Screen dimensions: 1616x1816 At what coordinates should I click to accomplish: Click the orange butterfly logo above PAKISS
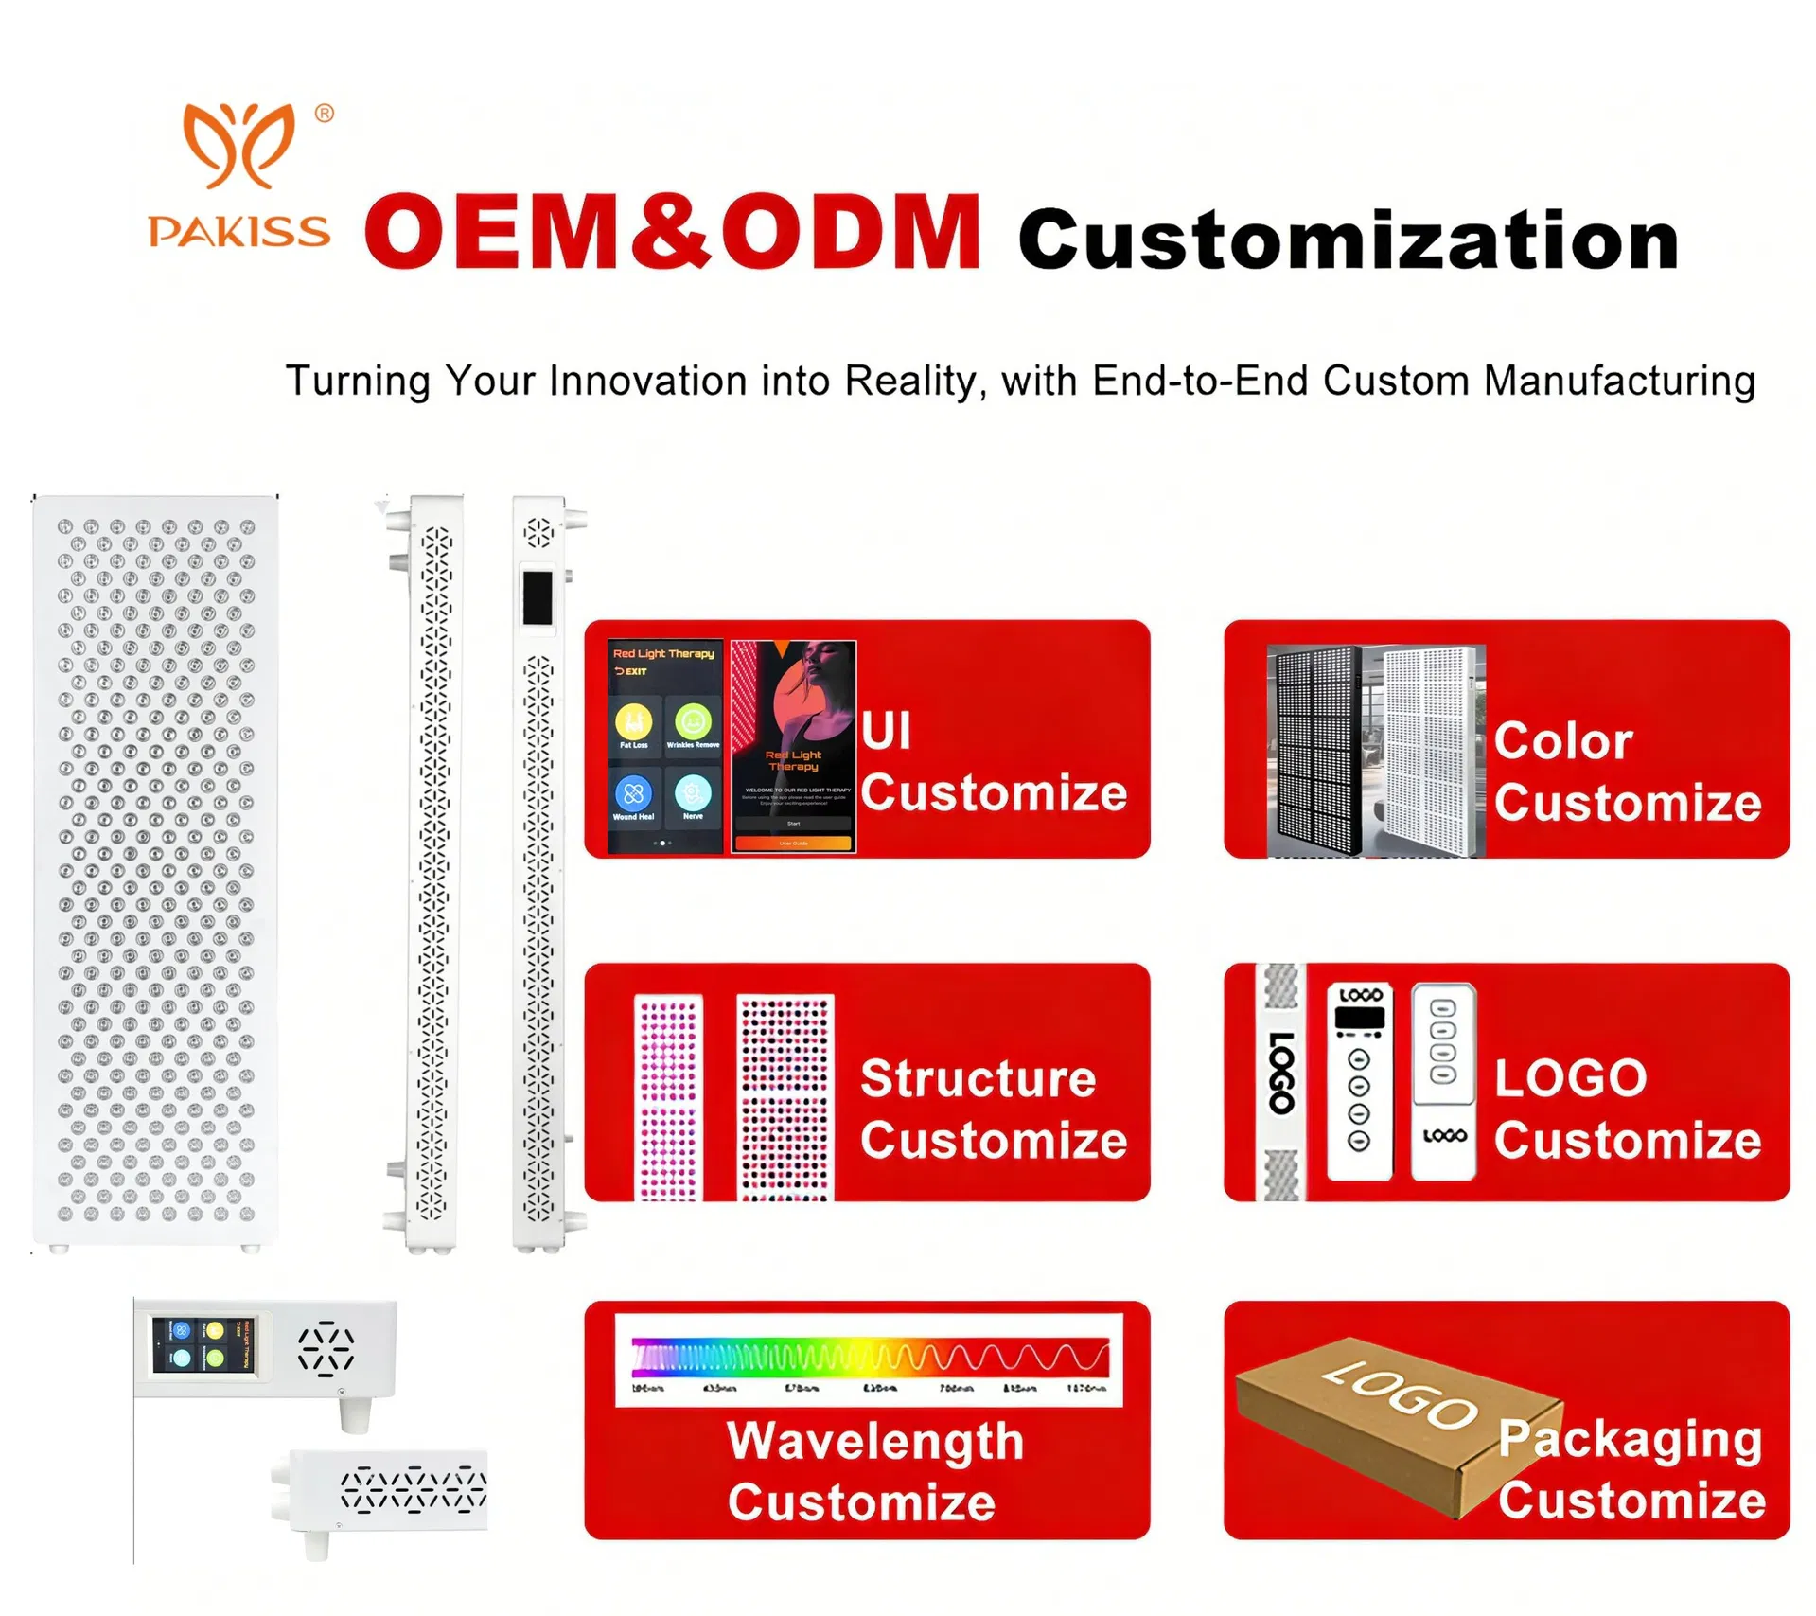click(238, 145)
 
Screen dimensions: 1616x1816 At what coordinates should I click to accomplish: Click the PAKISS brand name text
click(238, 232)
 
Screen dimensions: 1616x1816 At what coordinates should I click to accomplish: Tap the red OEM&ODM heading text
click(672, 232)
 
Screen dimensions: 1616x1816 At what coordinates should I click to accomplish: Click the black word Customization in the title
click(1348, 240)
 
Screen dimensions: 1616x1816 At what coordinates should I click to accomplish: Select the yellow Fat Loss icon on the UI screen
click(633, 722)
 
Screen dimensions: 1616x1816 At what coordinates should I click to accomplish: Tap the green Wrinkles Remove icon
click(693, 722)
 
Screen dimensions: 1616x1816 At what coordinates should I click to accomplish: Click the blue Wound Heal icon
click(633, 793)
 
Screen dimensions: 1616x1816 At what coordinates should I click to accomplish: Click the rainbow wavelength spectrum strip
click(869, 1356)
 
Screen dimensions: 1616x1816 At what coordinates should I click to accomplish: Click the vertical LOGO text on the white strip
click(1280, 1073)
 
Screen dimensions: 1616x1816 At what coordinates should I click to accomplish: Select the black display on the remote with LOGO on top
click(1359, 1019)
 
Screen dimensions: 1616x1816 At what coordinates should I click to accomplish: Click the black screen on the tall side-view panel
click(538, 597)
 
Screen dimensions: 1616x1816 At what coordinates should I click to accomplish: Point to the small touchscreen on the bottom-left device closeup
click(203, 1345)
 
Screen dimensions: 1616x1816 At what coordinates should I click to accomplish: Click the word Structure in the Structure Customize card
click(978, 1078)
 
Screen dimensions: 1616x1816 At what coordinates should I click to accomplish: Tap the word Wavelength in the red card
click(875, 1441)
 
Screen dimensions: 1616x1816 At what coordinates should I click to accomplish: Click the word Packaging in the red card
click(1630, 1439)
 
